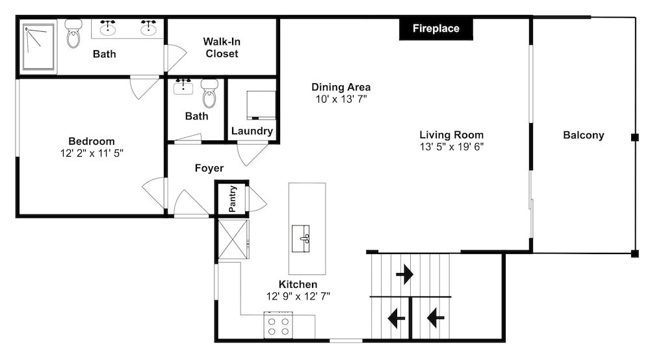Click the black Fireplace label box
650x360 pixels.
pyautogui.click(x=435, y=29)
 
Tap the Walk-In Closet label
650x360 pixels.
pyautogui.click(x=222, y=47)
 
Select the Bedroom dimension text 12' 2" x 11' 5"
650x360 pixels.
pyautogui.click(x=92, y=153)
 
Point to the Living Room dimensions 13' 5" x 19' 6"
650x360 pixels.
pyautogui.click(x=452, y=147)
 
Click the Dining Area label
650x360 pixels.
pyautogui.click(x=341, y=87)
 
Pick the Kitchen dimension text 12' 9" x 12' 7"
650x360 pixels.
pyautogui.click(x=298, y=296)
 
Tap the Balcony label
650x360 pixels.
pyautogui.click(x=583, y=135)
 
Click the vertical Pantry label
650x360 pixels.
pyautogui.click(x=233, y=199)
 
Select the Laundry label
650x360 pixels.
pyautogui.click(x=252, y=131)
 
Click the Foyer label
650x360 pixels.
pyautogui.click(x=209, y=168)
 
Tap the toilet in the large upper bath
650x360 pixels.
pyautogui.click(x=73, y=34)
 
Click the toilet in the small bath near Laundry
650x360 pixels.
pyautogui.click(x=209, y=93)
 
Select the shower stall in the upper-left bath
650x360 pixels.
pyautogui.click(x=38, y=46)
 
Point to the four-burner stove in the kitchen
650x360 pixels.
pyautogui.click(x=278, y=325)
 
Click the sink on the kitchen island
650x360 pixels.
pyautogui.click(x=300, y=238)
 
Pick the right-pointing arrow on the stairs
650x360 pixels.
pyautogui.click(x=404, y=274)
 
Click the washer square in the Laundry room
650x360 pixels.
pyautogui.click(x=261, y=105)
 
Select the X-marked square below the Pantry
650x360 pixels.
pyautogui.click(x=233, y=239)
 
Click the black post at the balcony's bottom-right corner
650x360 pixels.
pyautogui.click(x=634, y=254)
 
